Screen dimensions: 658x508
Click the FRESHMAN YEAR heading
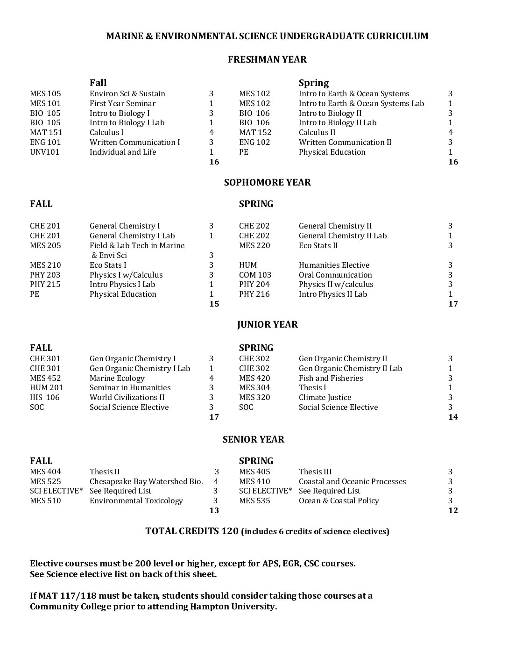267,59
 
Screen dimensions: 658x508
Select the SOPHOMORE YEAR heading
267,182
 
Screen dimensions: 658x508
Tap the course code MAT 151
46,132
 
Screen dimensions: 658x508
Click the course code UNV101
45,152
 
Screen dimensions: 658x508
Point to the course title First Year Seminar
122,103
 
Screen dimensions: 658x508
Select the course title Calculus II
317,132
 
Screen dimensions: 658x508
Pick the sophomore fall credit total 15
214,304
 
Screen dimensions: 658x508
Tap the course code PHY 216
254,294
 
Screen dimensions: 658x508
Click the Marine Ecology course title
117,378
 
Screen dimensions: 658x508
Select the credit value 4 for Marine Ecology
212,378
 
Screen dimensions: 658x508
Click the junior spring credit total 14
453,417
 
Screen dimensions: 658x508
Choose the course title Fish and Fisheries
331,378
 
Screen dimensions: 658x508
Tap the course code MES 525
45,481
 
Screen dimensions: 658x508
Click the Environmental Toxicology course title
136,501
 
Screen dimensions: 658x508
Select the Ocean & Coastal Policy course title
339,501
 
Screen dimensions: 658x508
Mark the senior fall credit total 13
214,510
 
